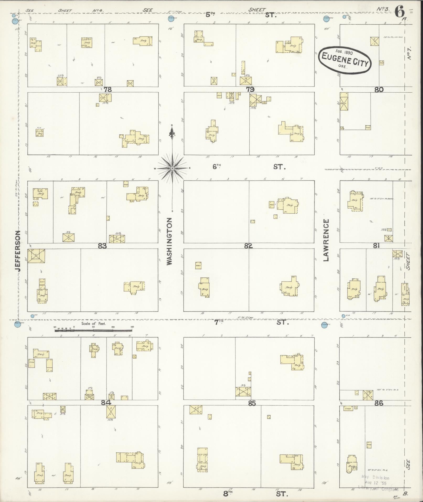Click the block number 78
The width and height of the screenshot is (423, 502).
click(x=108, y=89)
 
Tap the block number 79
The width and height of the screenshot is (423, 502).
click(x=250, y=89)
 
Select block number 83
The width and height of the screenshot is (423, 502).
click(x=102, y=246)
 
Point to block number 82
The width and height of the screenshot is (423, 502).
click(x=248, y=246)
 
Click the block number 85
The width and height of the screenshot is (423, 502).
click(x=252, y=403)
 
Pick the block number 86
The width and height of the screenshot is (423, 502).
click(x=379, y=403)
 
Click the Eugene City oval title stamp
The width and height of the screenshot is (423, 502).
click(x=345, y=60)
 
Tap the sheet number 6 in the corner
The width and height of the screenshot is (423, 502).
click(x=399, y=12)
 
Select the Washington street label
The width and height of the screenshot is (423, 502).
click(x=169, y=241)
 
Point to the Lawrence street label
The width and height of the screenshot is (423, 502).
click(x=326, y=240)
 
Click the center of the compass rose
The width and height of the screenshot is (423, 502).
click(x=173, y=168)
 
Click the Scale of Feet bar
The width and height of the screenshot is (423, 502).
click(x=93, y=330)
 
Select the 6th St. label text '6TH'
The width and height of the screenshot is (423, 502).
click(x=217, y=166)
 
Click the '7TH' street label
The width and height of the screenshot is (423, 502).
click(x=218, y=322)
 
